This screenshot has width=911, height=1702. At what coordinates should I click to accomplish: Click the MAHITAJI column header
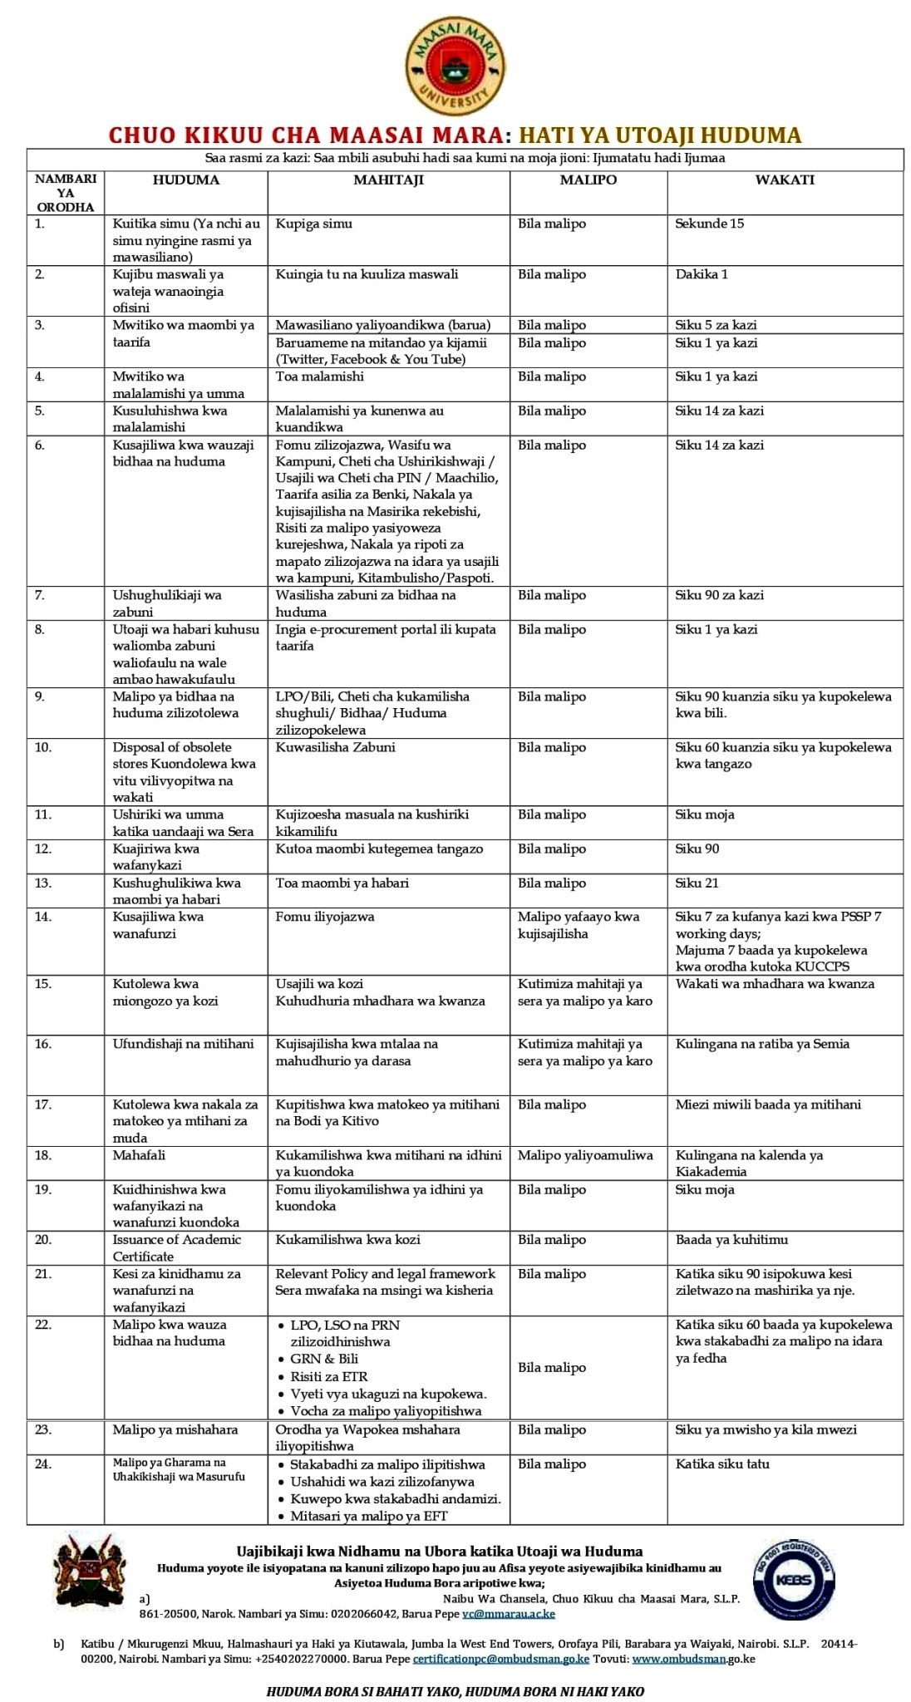pyautogui.click(x=388, y=180)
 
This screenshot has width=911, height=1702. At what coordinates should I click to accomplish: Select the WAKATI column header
pyautogui.click(x=784, y=180)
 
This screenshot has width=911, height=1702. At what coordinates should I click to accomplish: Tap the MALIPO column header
pyautogui.click(x=588, y=180)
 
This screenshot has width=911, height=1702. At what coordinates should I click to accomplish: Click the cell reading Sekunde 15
pyautogui.click(x=709, y=224)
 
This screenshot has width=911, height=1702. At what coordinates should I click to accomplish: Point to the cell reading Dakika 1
pyautogui.click(x=702, y=274)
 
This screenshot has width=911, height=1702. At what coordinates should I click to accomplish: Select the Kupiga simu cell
pyautogui.click(x=314, y=224)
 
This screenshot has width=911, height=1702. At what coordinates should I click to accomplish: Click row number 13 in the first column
pyautogui.click(x=42, y=883)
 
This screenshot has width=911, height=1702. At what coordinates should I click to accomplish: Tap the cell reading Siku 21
pyautogui.click(x=697, y=883)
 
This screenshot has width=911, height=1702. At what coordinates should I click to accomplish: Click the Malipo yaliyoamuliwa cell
pyautogui.click(x=585, y=1155)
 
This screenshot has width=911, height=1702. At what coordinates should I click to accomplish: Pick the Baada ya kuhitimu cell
pyautogui.click(x=731, y=1239)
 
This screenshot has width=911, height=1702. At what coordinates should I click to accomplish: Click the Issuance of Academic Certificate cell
pyautogui.click(x=176, y=1247)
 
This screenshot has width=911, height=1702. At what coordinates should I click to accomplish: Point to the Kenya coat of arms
pyautogui.click(x=91, y=1570)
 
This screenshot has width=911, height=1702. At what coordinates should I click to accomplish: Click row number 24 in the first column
pyautogui.click(x=42, y=1463)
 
